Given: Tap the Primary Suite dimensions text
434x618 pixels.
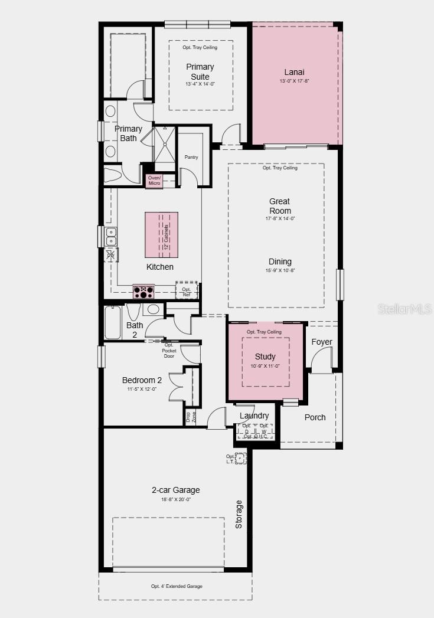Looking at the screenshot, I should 200,84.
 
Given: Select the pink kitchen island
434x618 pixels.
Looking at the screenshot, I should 161,234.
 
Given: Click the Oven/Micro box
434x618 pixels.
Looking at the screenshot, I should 154,181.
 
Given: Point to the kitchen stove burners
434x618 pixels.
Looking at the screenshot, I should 143,291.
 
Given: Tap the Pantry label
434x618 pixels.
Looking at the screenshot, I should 191,157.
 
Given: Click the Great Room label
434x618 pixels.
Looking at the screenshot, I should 280,206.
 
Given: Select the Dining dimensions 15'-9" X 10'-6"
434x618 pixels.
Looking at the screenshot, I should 280,271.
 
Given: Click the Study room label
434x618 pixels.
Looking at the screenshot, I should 265,357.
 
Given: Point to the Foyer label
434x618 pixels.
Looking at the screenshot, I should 322,342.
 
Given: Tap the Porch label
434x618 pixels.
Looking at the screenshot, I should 315,417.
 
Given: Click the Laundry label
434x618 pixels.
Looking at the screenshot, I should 254,416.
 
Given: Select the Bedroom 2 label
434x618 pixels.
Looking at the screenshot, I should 142,380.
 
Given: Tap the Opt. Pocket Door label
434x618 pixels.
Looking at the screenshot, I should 169,351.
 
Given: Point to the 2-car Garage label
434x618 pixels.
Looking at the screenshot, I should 176,490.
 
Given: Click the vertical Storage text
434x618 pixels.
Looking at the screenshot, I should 239,514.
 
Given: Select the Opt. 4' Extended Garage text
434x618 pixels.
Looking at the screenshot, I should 177,586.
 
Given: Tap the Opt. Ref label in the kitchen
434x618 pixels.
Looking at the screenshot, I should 187,292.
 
